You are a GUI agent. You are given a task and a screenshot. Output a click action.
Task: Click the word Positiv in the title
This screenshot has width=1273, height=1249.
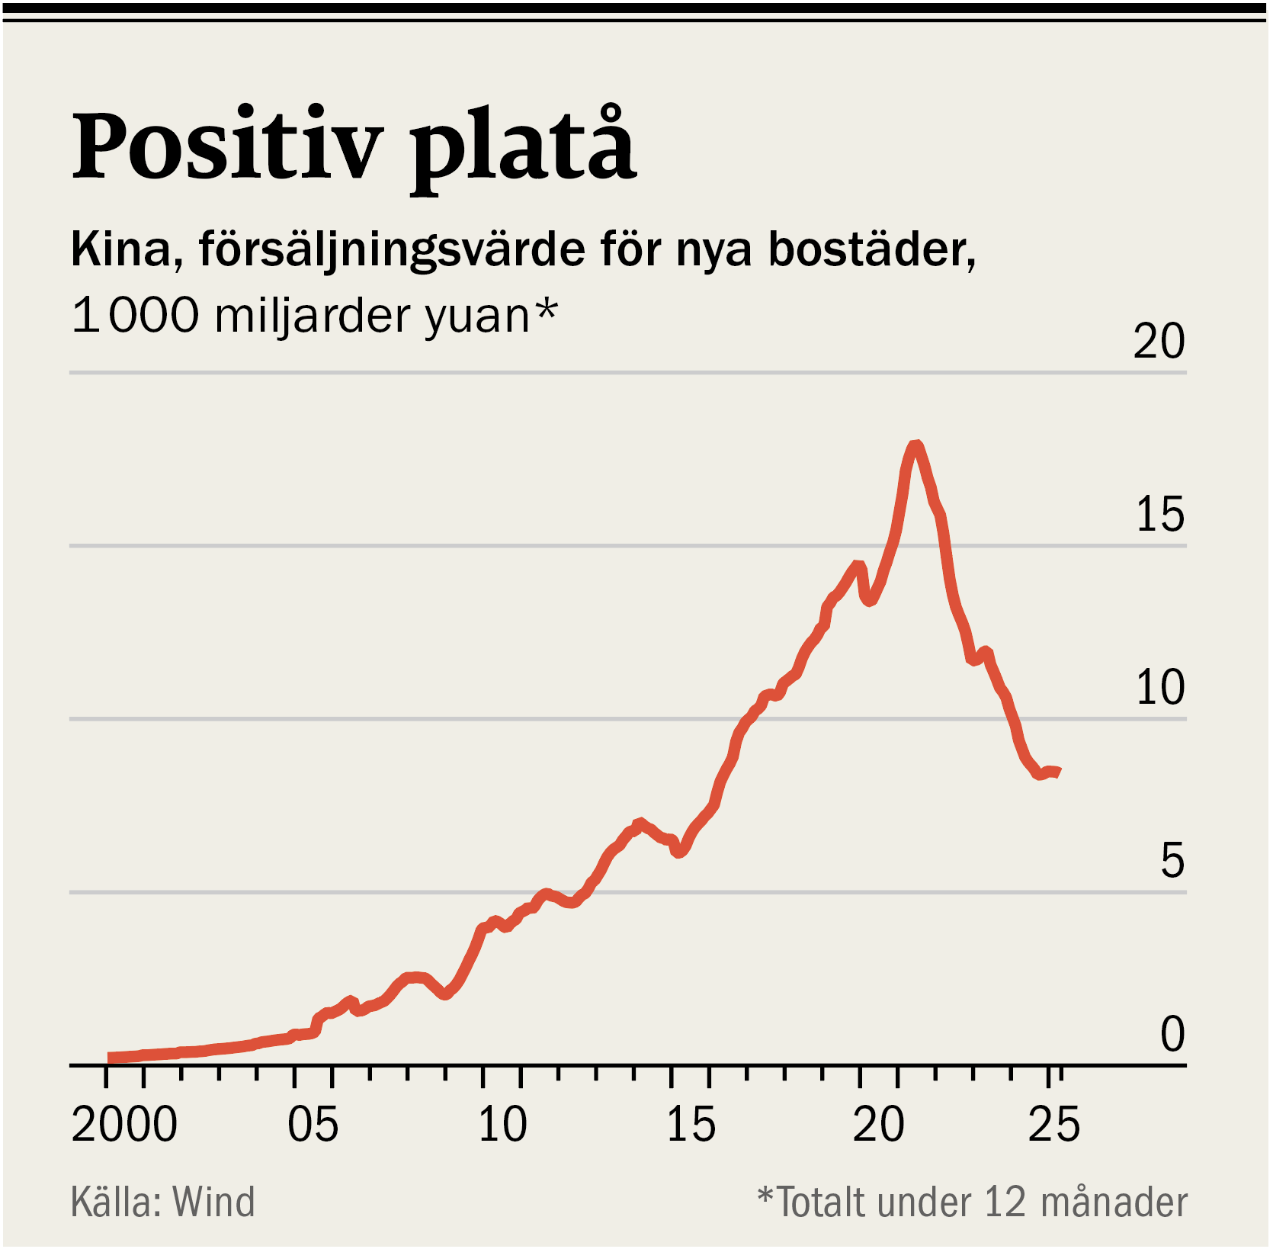227,146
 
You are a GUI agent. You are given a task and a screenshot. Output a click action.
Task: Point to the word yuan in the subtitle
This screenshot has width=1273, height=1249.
476,315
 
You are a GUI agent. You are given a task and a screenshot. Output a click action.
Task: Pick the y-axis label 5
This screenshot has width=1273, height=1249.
1172,861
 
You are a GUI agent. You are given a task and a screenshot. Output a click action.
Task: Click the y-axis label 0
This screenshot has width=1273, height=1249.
1172,1034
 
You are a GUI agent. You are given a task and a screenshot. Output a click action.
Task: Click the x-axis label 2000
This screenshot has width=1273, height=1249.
124,1125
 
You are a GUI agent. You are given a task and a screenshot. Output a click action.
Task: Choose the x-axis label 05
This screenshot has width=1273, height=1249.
313,1125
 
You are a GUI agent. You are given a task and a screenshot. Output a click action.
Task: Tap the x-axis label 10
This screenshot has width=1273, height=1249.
502,1125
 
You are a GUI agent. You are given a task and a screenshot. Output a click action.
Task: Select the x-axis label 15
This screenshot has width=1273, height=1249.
691,1125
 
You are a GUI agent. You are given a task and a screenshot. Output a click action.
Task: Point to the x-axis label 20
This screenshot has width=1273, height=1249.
879,1125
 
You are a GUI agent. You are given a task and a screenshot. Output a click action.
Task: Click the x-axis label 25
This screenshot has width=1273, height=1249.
1054,1125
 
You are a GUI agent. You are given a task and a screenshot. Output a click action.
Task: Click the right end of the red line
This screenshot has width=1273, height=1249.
1057,772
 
